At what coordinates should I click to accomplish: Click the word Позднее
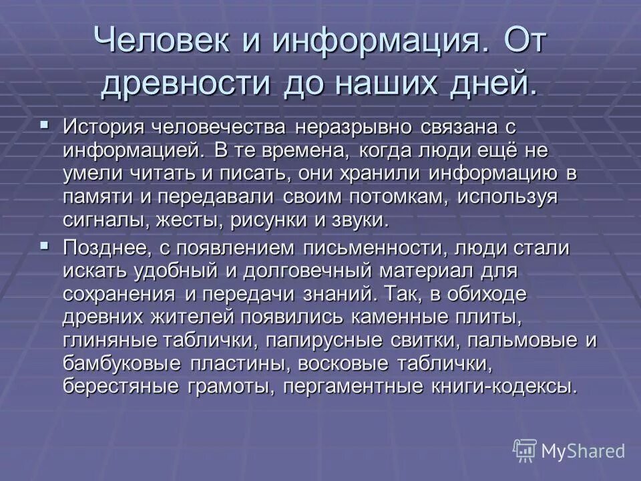pos(106,249)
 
